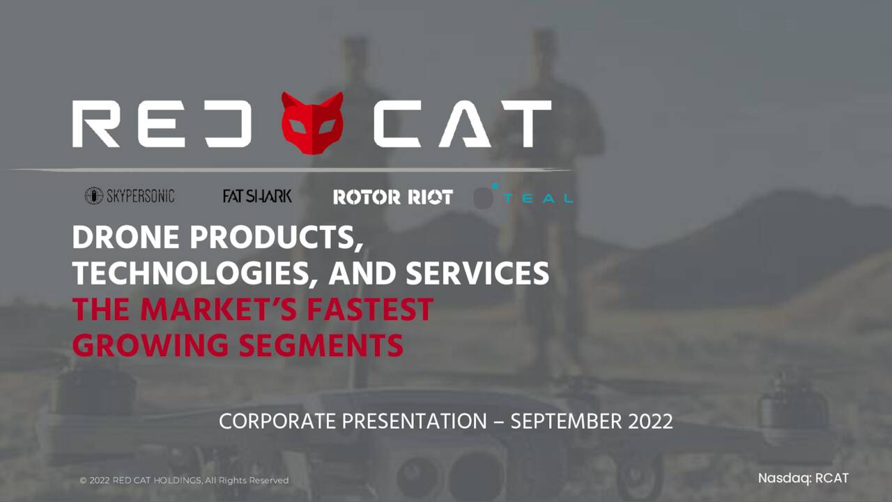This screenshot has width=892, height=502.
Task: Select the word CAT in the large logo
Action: click(x=461, y=123)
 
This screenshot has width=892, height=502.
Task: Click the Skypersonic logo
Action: click(x=130, y=196)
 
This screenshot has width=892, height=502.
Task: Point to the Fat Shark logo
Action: click(x=257, y=196)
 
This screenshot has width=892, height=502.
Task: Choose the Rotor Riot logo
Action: click(x=392, y=197)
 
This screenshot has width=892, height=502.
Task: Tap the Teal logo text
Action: click(x=538, y=199)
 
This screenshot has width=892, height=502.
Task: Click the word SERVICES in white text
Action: click(x=478, y=274)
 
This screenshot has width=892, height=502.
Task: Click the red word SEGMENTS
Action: click(x=321, y=345)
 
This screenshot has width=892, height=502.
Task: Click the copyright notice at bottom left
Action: click(x=184, y=480)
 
